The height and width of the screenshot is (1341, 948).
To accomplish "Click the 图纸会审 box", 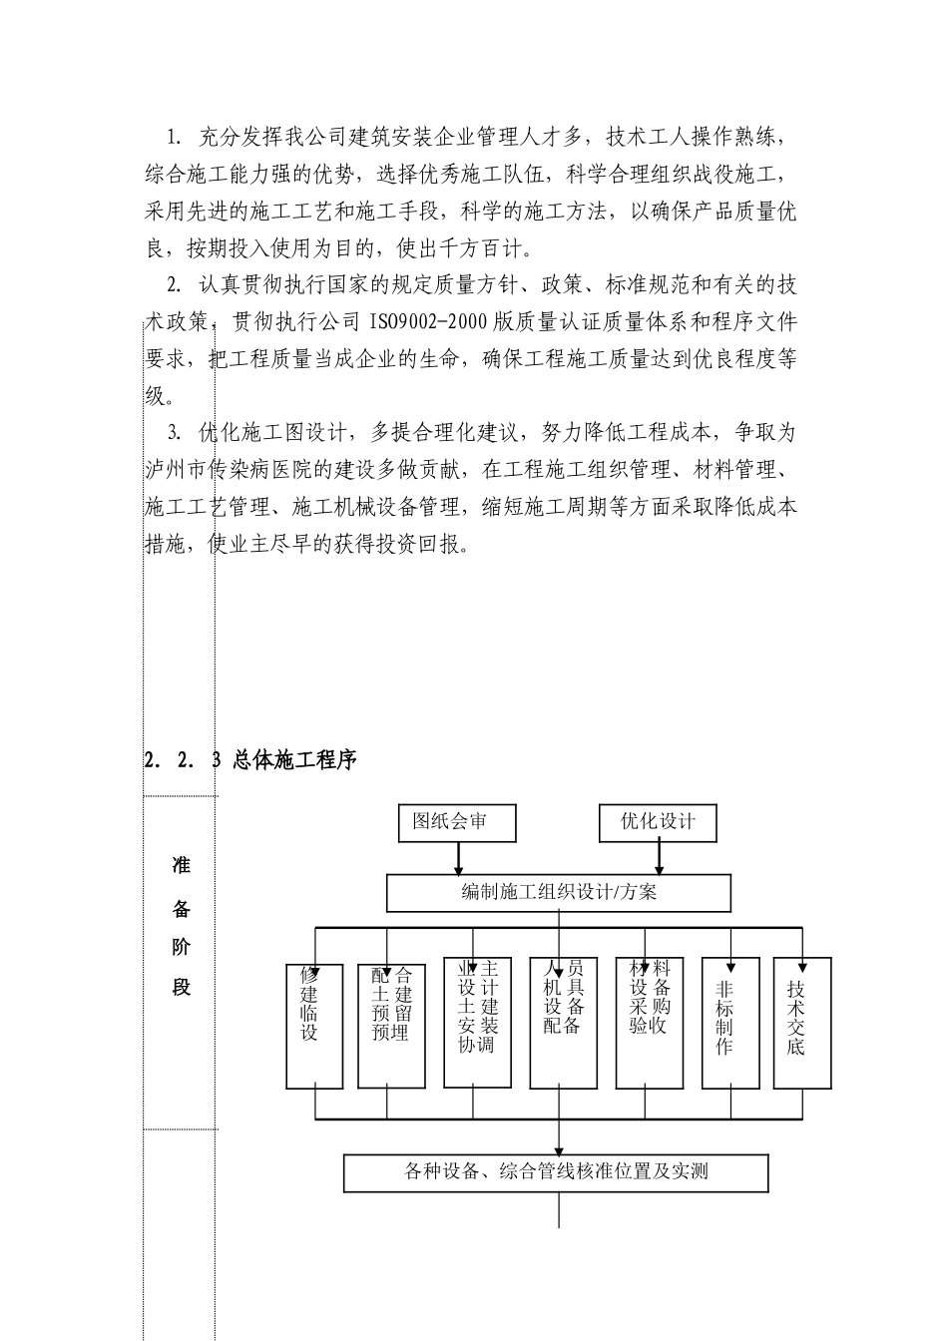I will coord(457,823).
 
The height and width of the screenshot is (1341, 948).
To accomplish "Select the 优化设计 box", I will coord(658,823).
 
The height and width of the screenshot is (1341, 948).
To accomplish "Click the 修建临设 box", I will coord(314,1026).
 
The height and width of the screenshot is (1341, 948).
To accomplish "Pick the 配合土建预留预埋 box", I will coord(391,1026).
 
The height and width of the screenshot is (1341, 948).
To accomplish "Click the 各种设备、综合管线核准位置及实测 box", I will coord(556,1172).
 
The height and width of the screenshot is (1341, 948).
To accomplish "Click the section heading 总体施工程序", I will coord(293,759).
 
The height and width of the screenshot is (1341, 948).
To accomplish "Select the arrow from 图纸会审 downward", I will coord(458,859).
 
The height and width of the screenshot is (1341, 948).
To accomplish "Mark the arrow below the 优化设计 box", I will coord(658,859).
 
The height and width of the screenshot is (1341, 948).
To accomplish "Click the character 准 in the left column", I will coord(181,866).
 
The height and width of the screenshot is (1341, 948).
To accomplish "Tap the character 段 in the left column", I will coord(181,988).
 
